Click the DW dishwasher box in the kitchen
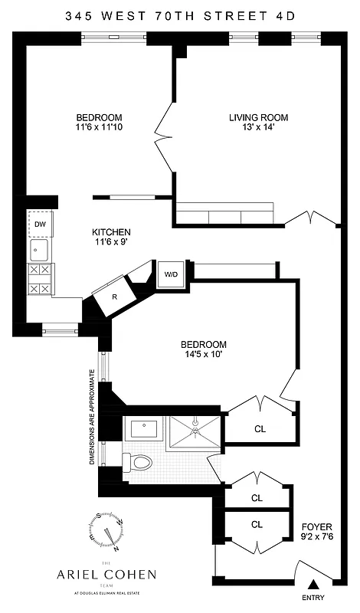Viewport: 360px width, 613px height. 39,225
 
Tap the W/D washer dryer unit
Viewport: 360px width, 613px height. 169,274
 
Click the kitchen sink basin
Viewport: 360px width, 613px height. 39,250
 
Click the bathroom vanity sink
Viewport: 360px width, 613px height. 144,428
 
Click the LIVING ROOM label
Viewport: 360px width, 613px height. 258,117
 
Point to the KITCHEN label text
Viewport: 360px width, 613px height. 111,232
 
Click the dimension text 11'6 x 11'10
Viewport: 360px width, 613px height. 103,127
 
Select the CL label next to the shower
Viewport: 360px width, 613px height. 260,428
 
